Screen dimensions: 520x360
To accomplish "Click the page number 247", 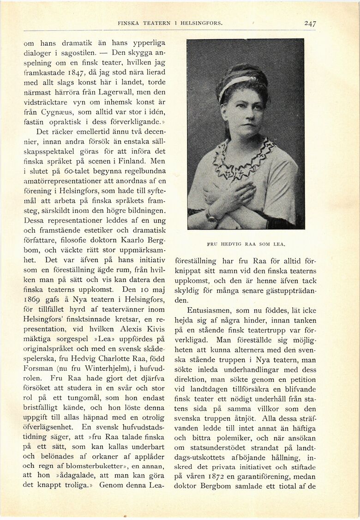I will tap(310, 24).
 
